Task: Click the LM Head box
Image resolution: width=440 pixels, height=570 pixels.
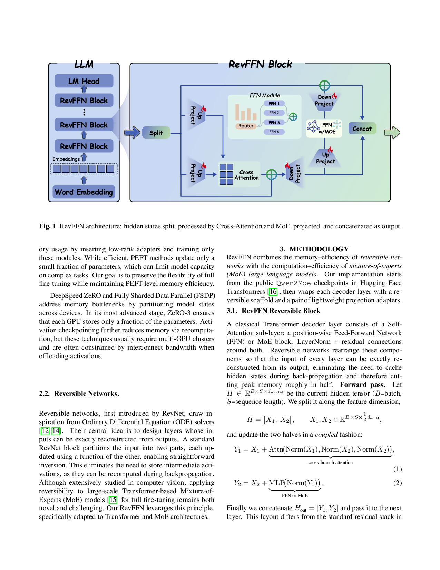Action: point(84,81)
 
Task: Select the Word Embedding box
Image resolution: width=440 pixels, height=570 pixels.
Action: point(84,192)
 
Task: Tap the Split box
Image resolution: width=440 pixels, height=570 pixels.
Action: point(156,133)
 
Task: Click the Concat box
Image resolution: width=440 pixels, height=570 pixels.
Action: point(362,129)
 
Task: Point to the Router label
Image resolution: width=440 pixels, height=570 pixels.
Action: point(246,126)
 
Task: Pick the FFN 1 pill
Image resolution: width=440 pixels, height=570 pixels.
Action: point(274,104)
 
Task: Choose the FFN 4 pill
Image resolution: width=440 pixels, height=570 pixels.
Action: point(274,132)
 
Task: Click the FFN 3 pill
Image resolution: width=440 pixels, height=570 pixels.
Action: point(274,123)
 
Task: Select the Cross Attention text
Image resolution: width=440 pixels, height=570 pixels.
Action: point(246,175)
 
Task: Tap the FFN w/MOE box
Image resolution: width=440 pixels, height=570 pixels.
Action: point(324,128)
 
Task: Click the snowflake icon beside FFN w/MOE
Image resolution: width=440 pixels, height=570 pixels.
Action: point(337,124)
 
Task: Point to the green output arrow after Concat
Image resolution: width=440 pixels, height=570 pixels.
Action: point(392,132)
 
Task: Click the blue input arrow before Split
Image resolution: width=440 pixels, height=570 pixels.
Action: point(132,132)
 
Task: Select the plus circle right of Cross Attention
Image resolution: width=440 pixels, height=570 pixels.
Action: point(272,174)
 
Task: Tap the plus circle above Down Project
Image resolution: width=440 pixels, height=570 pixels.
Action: point(324,85)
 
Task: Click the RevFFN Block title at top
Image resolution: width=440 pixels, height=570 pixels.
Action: point(260,64)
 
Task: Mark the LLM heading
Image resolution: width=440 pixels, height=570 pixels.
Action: point(84,64)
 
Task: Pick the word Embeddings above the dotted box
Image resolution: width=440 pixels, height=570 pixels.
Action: point(66,159)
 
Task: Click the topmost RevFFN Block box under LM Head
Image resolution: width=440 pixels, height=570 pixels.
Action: point(84,101)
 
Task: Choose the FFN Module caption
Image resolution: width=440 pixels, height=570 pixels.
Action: point(265,95)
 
